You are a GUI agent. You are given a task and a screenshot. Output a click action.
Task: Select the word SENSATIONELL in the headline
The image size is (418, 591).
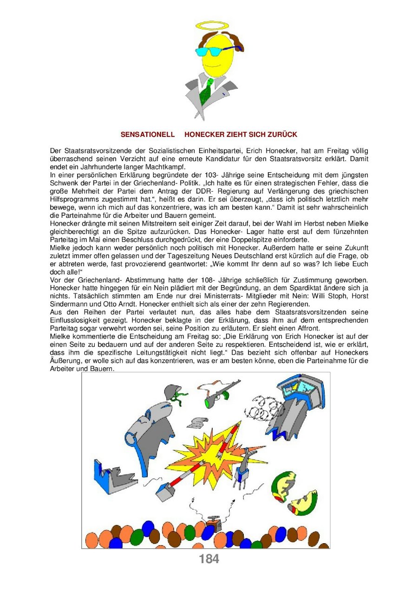tap(148, 135)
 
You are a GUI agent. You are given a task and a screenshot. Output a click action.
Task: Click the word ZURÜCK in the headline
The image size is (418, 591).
tap(281, 135)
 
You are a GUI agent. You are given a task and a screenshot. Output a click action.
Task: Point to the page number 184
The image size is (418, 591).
tap(209, 559)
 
